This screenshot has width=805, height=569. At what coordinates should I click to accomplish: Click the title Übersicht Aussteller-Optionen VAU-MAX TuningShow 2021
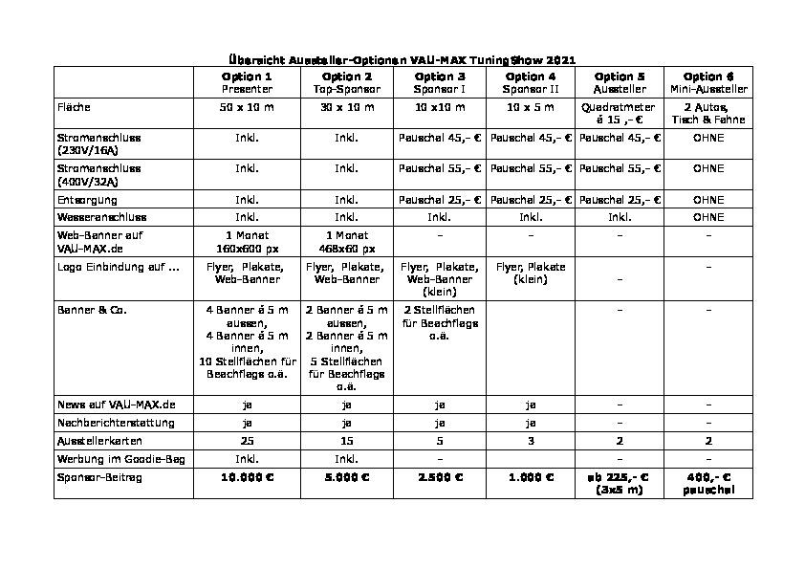click(x=402, y=59)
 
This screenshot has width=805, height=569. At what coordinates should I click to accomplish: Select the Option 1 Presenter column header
click(x=247, y=82)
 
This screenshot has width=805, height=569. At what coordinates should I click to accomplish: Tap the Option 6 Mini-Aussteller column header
click(x=708, y=82)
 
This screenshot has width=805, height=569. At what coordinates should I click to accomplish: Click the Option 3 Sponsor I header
click(x=440, y=82)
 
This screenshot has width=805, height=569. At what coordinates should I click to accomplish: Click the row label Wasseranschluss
click(x=101, y=217)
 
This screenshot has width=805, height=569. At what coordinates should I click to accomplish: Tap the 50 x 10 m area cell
click(x=247, y=106)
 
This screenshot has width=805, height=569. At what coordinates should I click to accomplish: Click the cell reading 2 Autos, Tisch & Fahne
click(x=708, y=113)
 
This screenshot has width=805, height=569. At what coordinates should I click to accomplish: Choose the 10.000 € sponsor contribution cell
click(x=247, y=477)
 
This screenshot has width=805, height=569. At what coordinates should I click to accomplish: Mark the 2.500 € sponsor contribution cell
click(x=440, y=477)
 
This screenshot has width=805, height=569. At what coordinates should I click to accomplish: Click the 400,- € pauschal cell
click(x=708, y=483)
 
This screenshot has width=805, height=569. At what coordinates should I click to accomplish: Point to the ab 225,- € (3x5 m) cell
click(x=620, y=483)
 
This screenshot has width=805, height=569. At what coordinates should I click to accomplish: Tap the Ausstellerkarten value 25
click(x=247, y=443)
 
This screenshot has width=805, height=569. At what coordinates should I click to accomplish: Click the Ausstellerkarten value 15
click(x=347, y=443)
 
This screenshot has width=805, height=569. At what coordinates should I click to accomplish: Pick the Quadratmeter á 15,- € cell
click(x=620, y=113)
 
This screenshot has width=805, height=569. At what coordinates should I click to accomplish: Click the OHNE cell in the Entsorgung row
click(x=708, y=200)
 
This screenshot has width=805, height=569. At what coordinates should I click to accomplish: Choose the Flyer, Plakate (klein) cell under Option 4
click(x=531, y=274)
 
